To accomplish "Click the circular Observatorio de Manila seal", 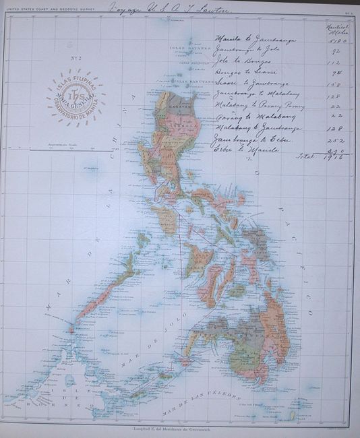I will point(76,99).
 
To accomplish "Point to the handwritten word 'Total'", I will point(305,156).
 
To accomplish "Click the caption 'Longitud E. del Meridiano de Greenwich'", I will point(180,428).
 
